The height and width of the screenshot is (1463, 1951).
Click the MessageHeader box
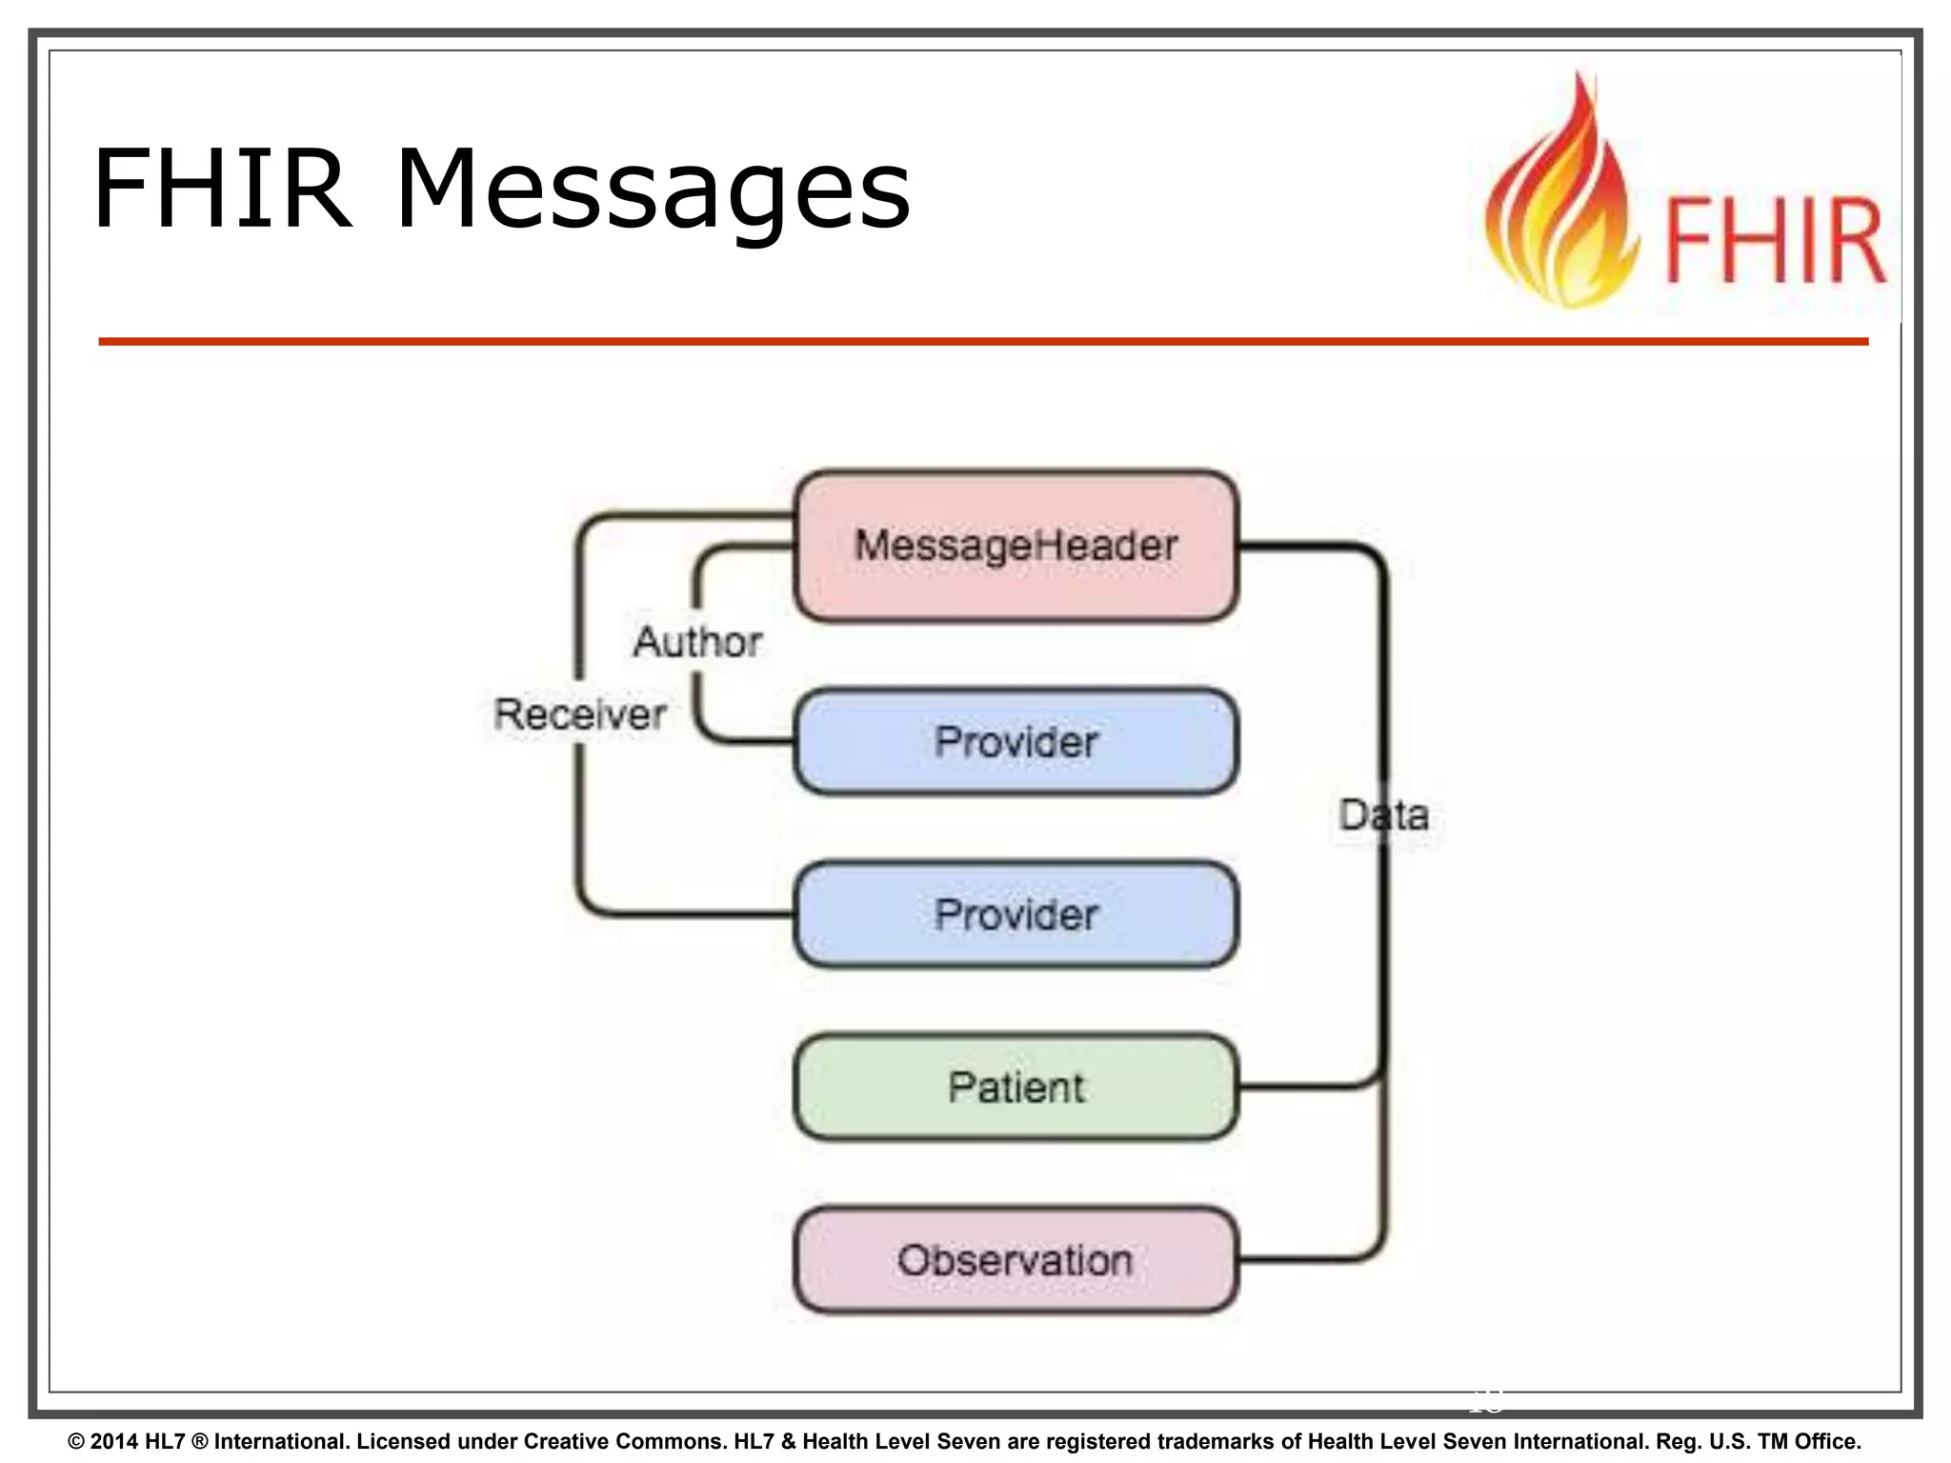point(1016,546)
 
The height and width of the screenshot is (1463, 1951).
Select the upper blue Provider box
point(1016,741)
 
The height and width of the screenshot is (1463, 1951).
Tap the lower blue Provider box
point(1016,914)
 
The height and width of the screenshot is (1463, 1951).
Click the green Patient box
point(1016,1087)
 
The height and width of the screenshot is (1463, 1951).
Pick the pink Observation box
point(1016,1260)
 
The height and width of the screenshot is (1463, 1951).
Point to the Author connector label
point(697,642)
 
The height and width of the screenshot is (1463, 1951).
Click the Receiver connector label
point(579,714)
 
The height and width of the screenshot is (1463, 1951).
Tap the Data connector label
point(1383,815)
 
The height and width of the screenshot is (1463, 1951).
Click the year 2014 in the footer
point(114,1441)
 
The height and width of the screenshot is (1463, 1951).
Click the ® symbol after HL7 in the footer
point(199,1441)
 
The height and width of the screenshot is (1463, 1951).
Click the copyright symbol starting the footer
point(76,1441)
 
